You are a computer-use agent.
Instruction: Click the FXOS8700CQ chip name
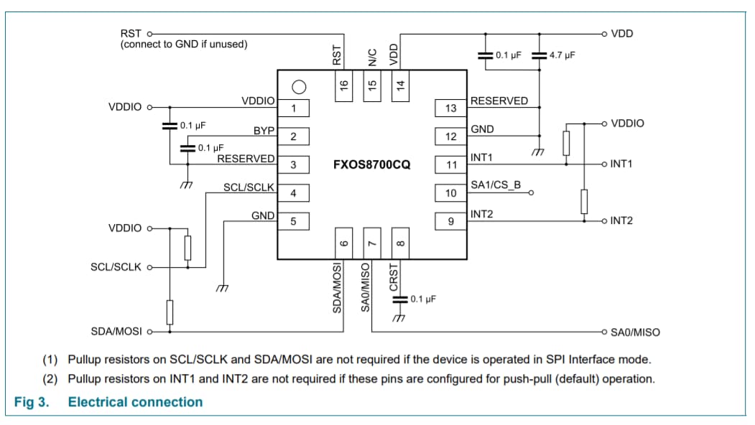pos(371,164)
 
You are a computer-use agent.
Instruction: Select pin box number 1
pos(293,108)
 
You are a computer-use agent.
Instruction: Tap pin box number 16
pos(343,85)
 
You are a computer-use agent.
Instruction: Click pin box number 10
pos(450,193)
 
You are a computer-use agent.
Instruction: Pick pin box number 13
pos(450,108)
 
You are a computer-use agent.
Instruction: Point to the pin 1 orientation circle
pos(299,87)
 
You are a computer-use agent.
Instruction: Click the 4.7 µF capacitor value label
pos(562,55)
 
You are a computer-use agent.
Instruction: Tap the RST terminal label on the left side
pos(131,33)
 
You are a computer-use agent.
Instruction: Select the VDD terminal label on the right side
pos(621,33)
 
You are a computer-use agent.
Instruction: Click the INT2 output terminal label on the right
pos(621,220)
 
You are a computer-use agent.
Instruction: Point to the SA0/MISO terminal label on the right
pos(635,332)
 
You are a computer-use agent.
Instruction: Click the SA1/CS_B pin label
pos(496,185)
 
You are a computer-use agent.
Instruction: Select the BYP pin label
pos(264,131)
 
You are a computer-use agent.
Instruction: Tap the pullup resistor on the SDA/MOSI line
pos(170,312)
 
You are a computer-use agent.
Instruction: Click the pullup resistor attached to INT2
pos(584,201)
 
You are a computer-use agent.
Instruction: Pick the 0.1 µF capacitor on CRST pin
pos(399,299)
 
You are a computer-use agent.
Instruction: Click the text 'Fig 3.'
pos(32,402)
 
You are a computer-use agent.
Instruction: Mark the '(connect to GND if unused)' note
pos(184,45)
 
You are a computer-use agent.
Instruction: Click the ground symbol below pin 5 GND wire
pos(223,289)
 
